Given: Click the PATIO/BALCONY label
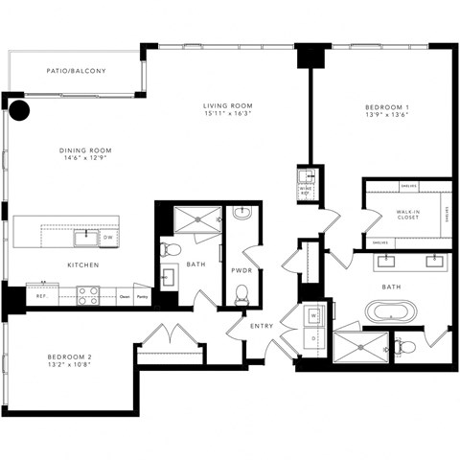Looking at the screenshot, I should pos(76,71).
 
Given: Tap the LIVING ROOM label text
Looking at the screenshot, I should pos(226,105).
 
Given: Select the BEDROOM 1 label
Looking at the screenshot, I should pos(387,106).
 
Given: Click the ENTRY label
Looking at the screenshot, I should pos(261,326).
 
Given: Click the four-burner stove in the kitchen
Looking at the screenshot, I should pos(88,296).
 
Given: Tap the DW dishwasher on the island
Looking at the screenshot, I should pos(110,237).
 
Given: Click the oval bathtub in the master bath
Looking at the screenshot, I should pos(392,311).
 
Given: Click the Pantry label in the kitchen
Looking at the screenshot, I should pos(141,297).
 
